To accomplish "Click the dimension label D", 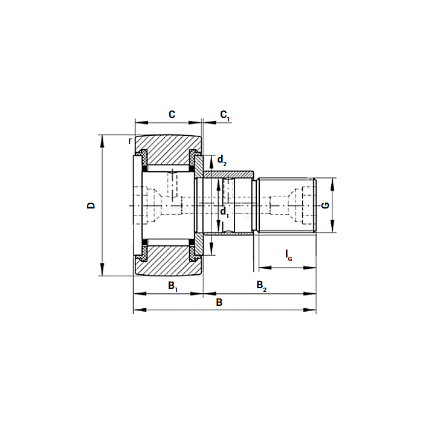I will click(x=91, y=205).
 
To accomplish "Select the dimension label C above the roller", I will click(x=172, y=114).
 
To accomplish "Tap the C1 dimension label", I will click(x=224, y=115).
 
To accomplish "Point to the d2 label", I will click(x=222, y=161).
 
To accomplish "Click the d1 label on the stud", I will click(x=224, y=211).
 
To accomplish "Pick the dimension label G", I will click(x=325, y=205).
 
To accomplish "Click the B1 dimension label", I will click(x=172, y=285).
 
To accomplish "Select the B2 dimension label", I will click(x=261, y=285).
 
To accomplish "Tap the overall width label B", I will click(x=219, y=302).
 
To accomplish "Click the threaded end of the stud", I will click(x=287, y=205).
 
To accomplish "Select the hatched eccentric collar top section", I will click(x=227, y=174).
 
